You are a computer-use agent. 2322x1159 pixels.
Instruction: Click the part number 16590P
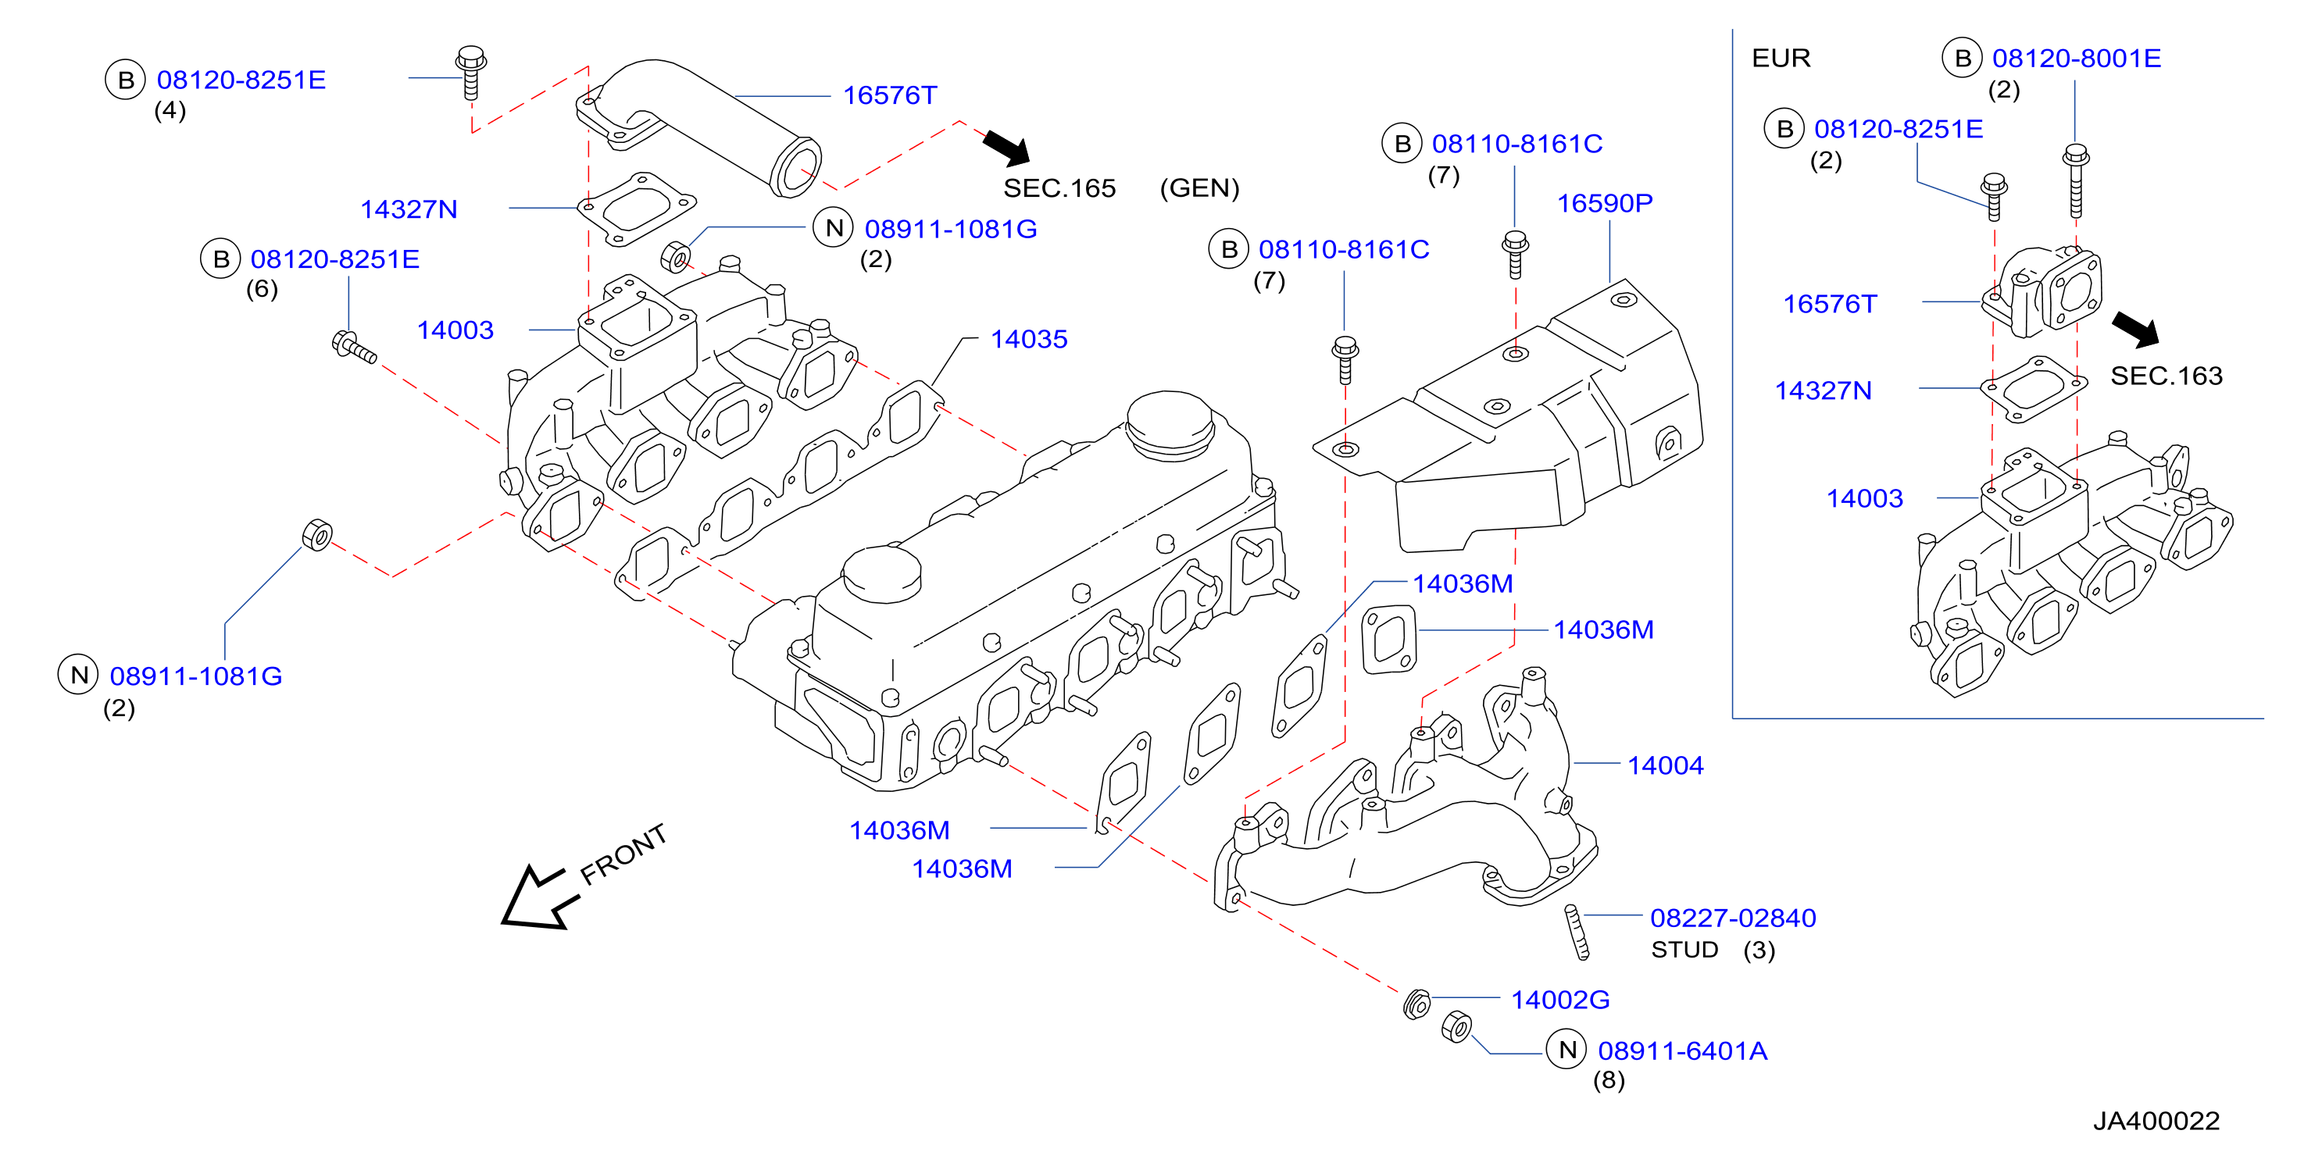1605,204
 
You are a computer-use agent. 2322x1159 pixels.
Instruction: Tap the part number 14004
1665,765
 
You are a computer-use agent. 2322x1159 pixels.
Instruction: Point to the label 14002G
1559,1000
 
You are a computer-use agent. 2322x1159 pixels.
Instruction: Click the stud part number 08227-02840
1732,918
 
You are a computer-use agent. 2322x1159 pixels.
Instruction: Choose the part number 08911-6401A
1682,1051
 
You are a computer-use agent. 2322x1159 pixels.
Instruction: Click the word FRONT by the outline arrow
623,854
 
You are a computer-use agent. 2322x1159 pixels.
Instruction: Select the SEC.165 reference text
1059,188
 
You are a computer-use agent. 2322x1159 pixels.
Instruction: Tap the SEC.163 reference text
2166,376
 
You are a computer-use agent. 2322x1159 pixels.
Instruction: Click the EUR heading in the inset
1781,59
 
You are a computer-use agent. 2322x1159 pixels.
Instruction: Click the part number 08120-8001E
2076,59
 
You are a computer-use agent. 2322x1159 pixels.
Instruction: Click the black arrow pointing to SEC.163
2135,329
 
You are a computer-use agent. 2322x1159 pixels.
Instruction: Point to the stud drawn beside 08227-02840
1577,932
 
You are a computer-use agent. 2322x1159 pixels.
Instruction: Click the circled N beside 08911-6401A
1566,1050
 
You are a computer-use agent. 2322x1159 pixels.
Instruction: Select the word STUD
1684,950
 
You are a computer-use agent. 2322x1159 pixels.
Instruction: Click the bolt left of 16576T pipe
470,72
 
